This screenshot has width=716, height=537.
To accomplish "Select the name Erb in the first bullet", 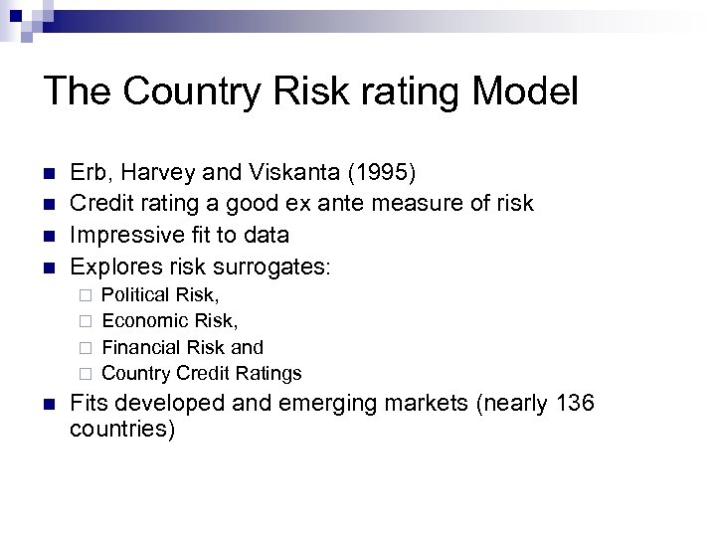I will coord(90,172).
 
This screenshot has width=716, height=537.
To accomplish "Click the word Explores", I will coord(112,266).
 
